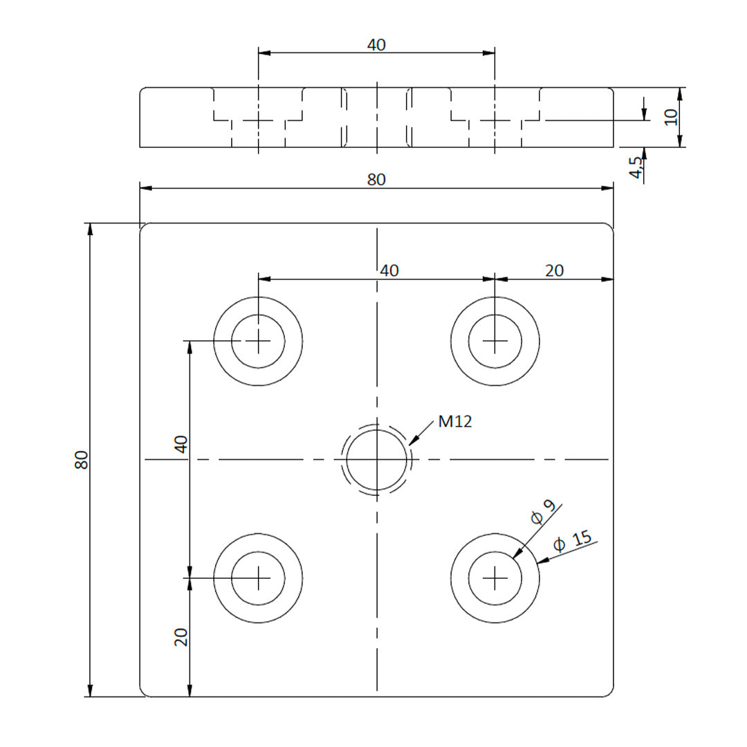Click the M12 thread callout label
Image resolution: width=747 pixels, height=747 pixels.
click(455, 421)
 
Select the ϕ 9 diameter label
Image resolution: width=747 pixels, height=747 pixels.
click(543, 511)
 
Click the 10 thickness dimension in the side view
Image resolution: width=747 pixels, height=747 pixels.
click(670, 116)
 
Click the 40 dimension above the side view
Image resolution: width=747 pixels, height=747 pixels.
click(376, 45)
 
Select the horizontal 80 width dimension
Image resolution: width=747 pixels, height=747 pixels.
click(376, 179)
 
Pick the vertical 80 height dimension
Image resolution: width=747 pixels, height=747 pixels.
click(82, 460)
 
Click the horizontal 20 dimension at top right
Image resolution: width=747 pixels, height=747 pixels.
click(554, 270)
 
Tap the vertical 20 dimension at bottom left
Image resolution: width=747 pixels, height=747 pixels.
click(181, 636)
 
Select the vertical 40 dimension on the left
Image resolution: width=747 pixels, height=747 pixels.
click(181, 444)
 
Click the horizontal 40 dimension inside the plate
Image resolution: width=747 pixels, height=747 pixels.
click(389, 270)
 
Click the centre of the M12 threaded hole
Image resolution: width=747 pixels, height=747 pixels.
click(376, 459)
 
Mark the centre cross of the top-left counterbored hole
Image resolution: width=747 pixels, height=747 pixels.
click(258, 341)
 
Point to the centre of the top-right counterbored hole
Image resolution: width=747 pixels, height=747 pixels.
click(495, 341)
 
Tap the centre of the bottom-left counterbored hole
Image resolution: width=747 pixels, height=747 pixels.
click(258, 578)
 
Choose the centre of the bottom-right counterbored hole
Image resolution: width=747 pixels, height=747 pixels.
click(495, 578)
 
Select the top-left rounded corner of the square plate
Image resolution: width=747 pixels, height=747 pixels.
click(143, 227)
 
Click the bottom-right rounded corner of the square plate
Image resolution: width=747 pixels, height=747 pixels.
click(610, 693)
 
